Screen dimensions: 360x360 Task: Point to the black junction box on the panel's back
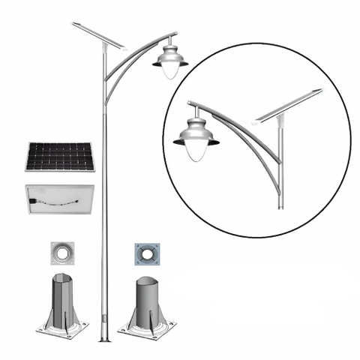coord(34,200)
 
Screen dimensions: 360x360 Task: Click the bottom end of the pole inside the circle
coord(281,206)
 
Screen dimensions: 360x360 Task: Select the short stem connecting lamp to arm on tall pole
coord(172,40)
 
